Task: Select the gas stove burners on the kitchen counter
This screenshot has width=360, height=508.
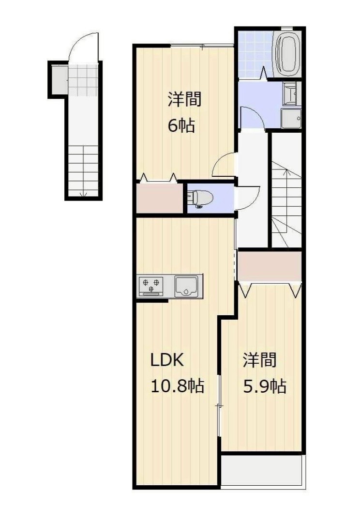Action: click(151, 285)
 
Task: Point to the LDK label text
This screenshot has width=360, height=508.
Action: click(167, 361)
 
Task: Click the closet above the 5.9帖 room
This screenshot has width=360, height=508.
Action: click(270, 266)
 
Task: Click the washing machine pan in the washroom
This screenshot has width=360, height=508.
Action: click(291, 118)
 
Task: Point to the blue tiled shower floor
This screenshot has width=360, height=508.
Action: click(255, 54)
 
